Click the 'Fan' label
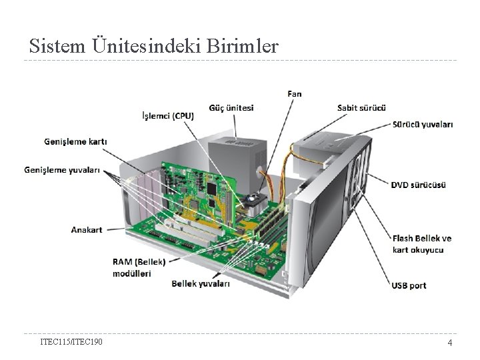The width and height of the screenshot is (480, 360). (294, 93)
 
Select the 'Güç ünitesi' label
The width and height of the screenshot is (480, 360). (231, 107)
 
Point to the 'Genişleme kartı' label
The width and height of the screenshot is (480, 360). (75, 141)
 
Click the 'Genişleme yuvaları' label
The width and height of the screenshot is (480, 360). (72, 170)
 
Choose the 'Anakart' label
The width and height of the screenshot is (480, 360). (87, 229)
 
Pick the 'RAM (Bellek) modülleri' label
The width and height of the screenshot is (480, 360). (138, 267)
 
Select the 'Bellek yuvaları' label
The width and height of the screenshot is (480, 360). (201, 284)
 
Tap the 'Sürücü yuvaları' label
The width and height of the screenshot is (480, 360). (423, 124)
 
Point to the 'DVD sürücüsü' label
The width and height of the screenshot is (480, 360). (419, 185)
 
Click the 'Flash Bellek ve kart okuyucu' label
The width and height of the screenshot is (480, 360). (421, 243)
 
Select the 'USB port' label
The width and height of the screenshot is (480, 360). (409, 285)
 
